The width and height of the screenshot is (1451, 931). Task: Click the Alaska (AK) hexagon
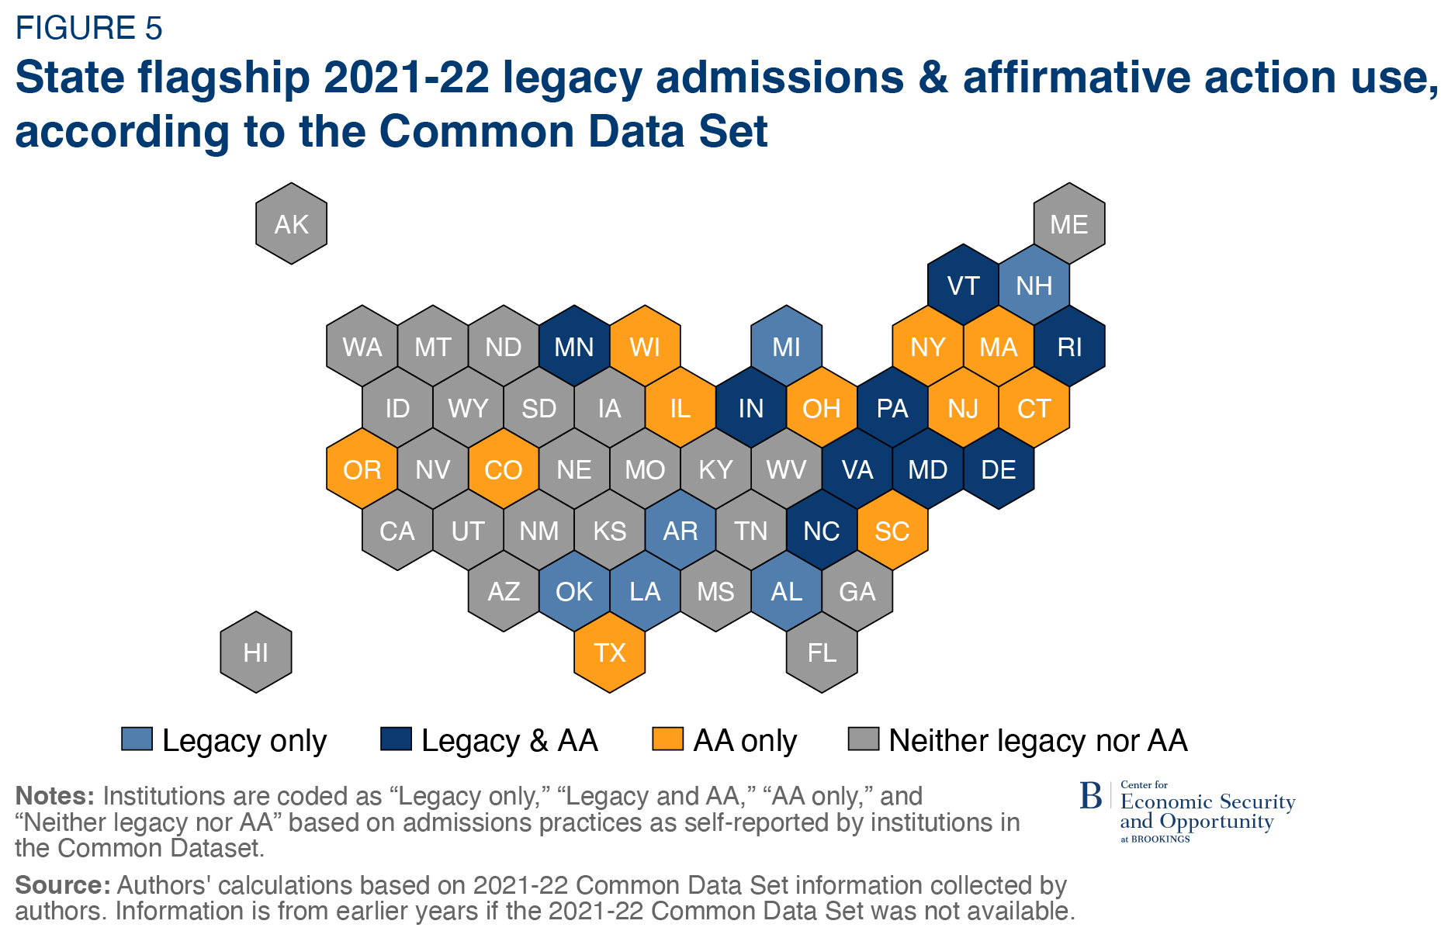[291, 224]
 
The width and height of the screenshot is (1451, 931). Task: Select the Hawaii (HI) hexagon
[256, 652]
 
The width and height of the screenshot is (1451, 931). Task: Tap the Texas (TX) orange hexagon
[610, 652]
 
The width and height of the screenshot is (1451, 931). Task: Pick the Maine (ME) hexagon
[1068, 224]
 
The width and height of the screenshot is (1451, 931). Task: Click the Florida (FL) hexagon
[822, 652]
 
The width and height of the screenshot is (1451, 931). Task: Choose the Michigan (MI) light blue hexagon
[786, 347]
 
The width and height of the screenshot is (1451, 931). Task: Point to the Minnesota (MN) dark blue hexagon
[574, 347]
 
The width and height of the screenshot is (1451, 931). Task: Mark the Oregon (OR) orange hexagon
[362, 469]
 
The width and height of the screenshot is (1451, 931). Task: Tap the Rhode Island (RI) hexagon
[1069, 347]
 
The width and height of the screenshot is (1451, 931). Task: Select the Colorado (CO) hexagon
[504, 469]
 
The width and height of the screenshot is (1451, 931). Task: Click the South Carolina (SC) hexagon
[892, 531]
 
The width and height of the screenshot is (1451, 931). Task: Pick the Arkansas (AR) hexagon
[680, 531]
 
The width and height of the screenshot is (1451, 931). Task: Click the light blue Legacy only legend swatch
[137, 739]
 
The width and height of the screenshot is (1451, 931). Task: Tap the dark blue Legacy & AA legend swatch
[396, 739]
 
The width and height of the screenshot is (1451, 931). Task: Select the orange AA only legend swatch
[667, 739]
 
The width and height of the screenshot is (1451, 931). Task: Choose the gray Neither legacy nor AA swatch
[863, 739]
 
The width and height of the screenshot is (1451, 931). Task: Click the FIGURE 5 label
[88, 29]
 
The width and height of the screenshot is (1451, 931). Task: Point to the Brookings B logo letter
[1090, 796]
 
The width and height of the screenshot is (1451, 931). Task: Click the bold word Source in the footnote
[62, 885]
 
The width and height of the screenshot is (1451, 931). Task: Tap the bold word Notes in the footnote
[54, 796]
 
